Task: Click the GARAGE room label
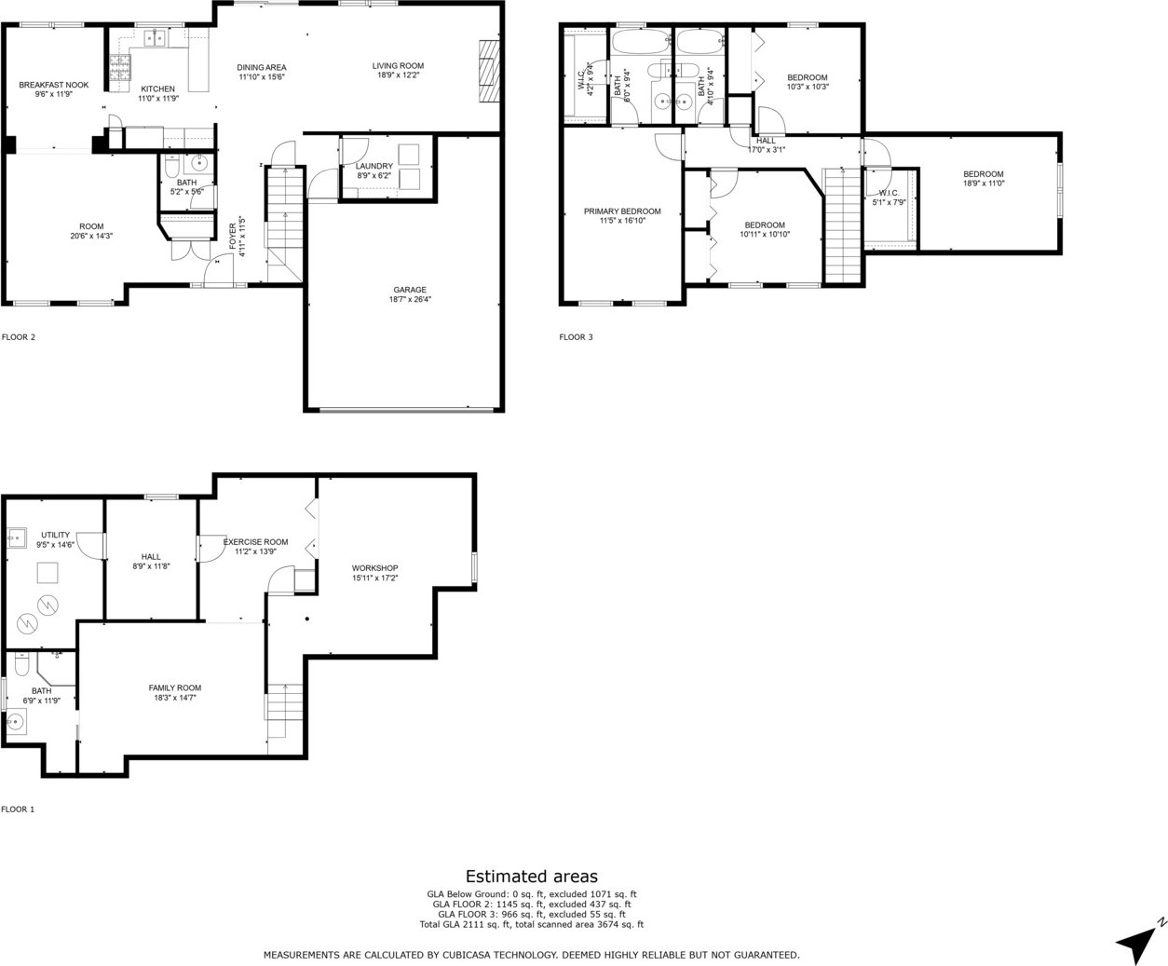pos(410,290)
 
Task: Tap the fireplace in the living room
pos(488,71)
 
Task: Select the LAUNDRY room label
pos(374,166)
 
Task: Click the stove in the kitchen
pos(120,66)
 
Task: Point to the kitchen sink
pos(156,38)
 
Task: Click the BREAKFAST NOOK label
pos(54,85)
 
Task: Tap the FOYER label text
pos(233,236)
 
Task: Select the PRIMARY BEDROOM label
pos(622,211)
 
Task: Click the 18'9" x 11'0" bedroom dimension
pos(983,183)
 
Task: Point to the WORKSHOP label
pos(374,568)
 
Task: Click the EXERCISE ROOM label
pos(255,542)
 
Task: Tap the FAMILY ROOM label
pos(174,688)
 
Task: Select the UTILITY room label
pos(55,536)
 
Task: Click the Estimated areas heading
pos(532,877)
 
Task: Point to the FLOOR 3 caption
pos(576,336)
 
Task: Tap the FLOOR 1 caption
pos(18,809)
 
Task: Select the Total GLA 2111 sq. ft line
pos(532,925)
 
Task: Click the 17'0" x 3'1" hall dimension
pos(767,150)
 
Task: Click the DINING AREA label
pos(261,68)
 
